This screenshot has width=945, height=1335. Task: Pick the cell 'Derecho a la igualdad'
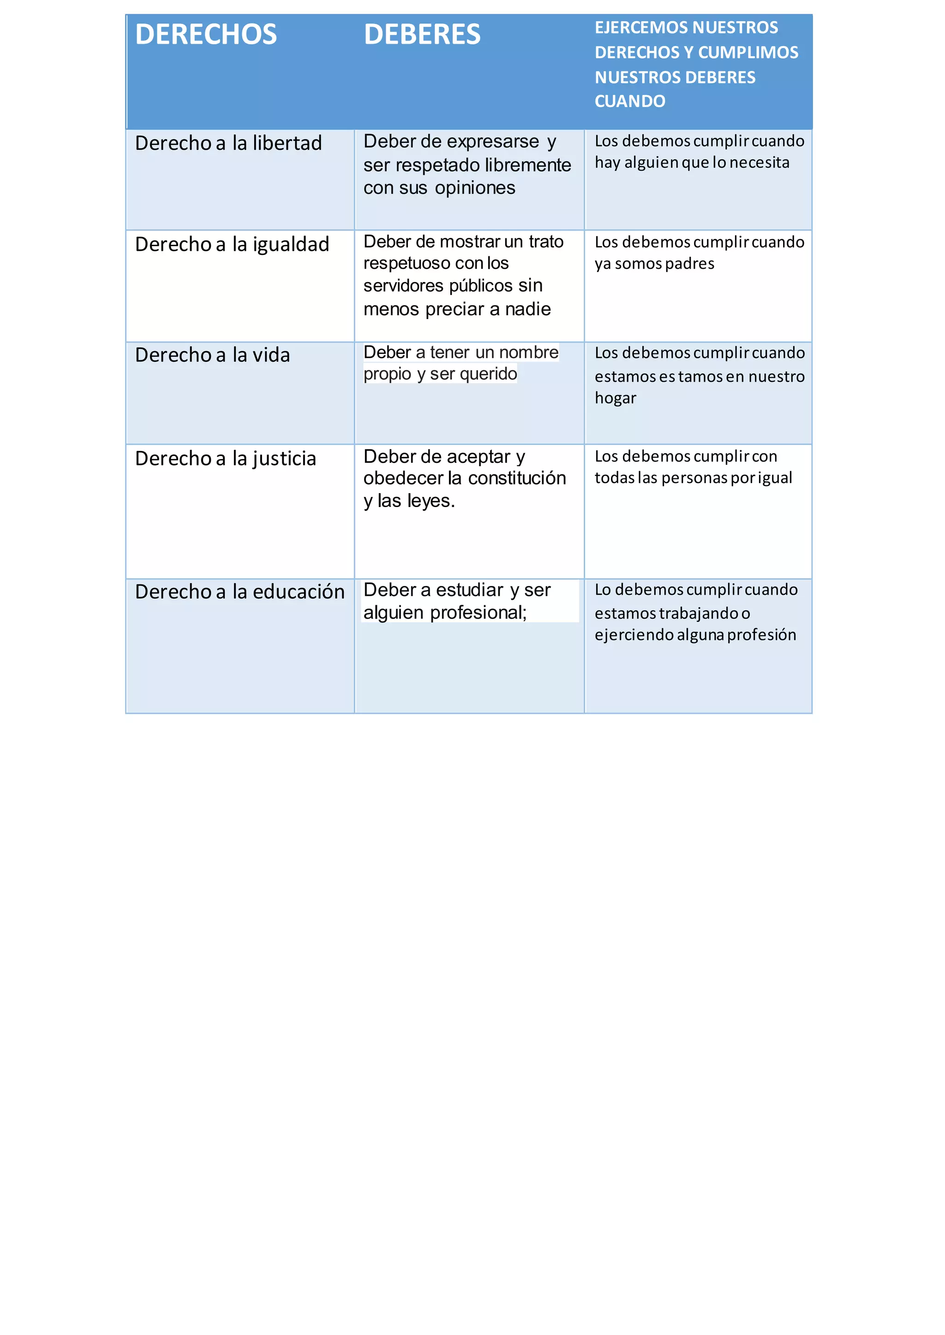[x=232, y=244]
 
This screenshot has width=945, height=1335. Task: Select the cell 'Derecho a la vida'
[x=212, y=354]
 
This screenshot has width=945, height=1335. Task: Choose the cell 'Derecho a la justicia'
[x=225, y=458]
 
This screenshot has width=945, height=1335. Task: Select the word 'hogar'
[x=615, y=398]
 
